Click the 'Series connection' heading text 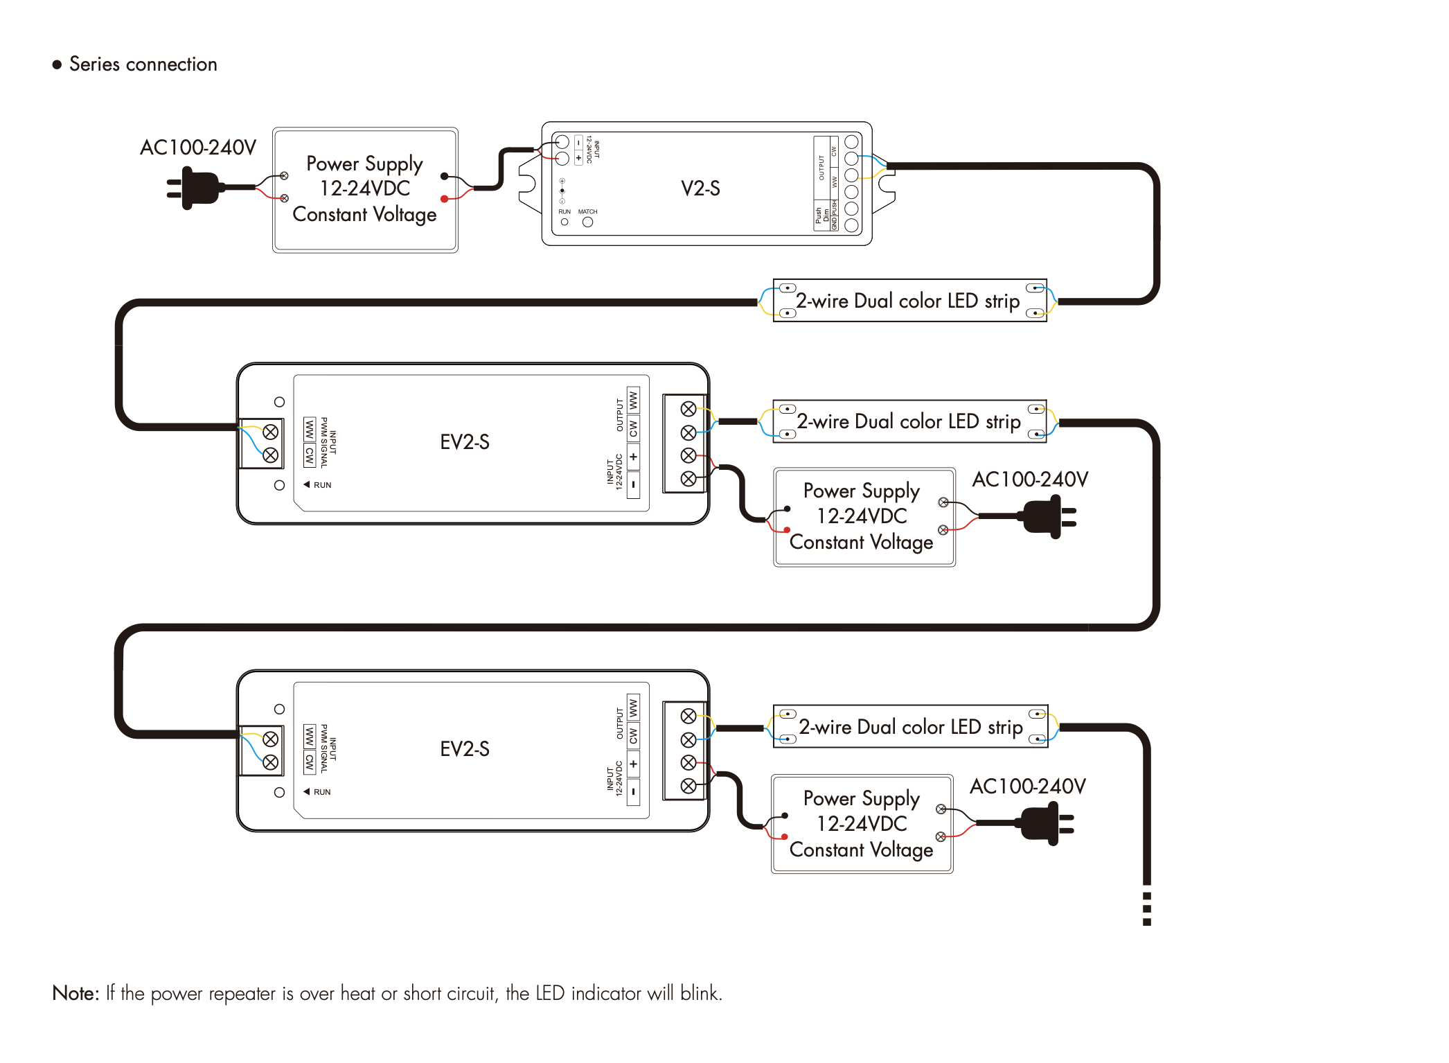tap(143, 64)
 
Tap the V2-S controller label tap(700, 188)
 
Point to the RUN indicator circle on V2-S tap(565, 222)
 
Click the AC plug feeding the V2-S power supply tap(194, 187)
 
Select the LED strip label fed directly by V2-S tap(907, 301)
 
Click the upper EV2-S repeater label tap(465, 442)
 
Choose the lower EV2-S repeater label tap(465, 749)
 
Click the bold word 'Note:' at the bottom tap(75, 994)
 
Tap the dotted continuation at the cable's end tap(1147, 908)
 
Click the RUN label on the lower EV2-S tap(322, 792)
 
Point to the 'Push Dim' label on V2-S tap(821, 215)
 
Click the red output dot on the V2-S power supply tap(444, 200)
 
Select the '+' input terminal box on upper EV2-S tap(633, 457)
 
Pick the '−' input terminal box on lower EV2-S tap(633, 791)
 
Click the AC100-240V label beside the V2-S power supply tap(198, 148)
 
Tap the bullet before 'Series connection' tap(57, 65)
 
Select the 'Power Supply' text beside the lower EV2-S tap(861, 798)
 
